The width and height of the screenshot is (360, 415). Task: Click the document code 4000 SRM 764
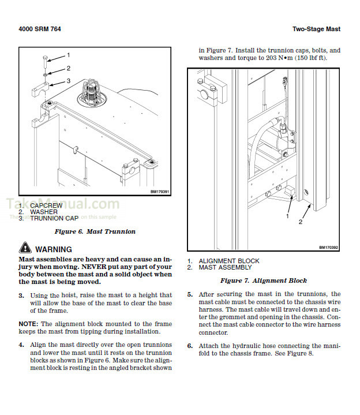point(40,29)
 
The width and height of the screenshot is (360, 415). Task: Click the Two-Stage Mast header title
point(316,29)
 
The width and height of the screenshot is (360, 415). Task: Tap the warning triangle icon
point(25,249)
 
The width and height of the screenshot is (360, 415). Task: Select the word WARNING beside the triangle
point(54,249)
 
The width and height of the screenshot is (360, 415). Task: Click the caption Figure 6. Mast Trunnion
point(95,231)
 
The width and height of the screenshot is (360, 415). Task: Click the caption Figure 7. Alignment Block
point(263,281)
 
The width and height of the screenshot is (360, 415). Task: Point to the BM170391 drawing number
point(159,192)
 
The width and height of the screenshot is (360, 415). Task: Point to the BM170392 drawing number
point(328,248)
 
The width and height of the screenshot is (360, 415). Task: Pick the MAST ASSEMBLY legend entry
point(225,268)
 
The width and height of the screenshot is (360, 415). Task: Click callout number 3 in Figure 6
point(68,81)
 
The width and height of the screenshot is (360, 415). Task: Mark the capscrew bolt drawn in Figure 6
point(46,61)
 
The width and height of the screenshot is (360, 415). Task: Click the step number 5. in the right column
point(190,294)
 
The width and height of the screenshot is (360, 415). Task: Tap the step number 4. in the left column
point(21,346)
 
